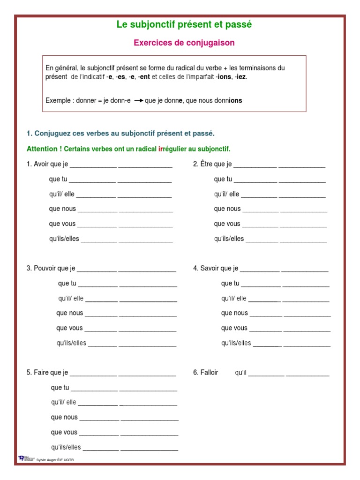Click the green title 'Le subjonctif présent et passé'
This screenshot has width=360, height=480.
tap(184, 25)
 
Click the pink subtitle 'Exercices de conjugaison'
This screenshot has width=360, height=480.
tap(184, 43)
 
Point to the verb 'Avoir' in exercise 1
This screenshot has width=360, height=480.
tap(41, 164)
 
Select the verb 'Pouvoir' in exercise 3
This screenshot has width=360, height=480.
tap(45, 269)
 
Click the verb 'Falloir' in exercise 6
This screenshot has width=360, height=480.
tap(209, 373)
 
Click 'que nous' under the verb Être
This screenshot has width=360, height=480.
tap(227, 209)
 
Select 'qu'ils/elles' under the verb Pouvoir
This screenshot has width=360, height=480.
tap(71, 343)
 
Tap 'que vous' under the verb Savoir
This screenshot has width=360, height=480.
tap(234, 328)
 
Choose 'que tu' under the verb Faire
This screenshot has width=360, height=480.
tap(60, 388)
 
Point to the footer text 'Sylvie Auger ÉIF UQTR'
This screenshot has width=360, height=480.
tap(58, 460)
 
